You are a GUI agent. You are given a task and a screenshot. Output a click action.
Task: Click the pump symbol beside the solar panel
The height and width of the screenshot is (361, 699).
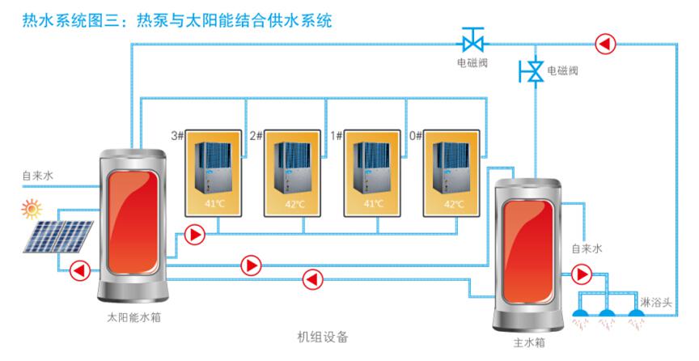[x=79, y=270]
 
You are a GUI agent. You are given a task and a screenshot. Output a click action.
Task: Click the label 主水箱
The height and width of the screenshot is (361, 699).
[x=529, y=342]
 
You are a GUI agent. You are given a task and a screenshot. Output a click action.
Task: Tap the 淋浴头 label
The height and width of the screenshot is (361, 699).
[x=655, y=301]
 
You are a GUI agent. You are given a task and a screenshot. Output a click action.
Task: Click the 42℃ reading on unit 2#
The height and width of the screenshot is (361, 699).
[x=294, y=204]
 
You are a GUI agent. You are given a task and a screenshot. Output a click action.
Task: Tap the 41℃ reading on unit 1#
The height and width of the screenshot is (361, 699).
[x=374, y=204]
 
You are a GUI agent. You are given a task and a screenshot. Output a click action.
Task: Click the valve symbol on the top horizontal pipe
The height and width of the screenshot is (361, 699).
[x=472, y=39]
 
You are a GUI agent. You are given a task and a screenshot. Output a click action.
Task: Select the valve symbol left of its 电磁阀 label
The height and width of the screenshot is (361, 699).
[x=532, y=71]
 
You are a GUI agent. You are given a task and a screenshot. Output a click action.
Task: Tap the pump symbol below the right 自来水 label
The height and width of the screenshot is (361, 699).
[x=581, y=274]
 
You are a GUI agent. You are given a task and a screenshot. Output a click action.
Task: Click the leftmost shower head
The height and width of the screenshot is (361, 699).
[x=581, y=312]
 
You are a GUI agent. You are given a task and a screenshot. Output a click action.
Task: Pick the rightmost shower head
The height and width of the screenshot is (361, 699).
[x=638, y=312]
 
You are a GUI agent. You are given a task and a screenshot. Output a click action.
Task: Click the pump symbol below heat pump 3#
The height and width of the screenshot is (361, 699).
[x=195, y=235]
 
